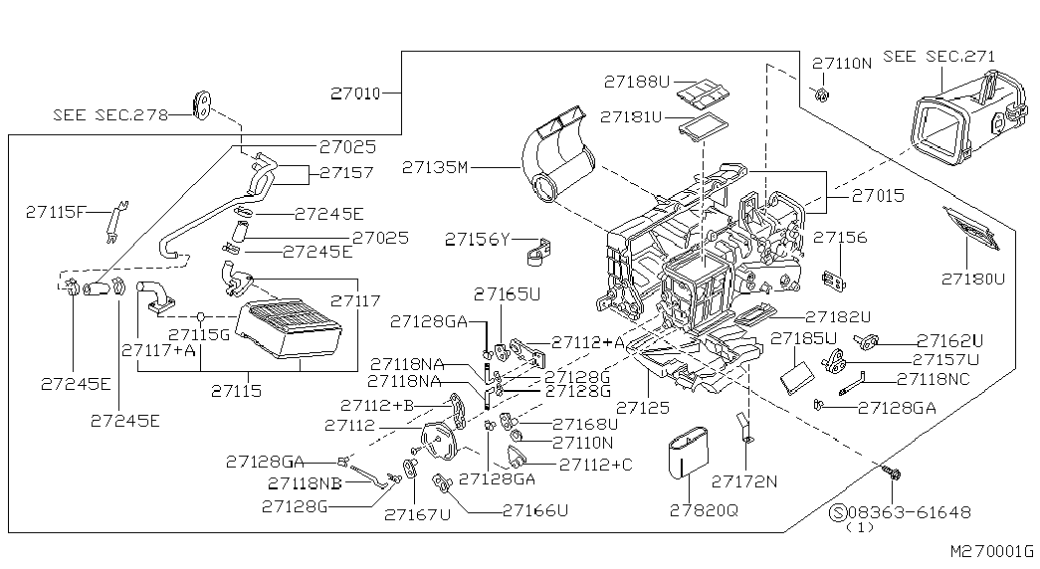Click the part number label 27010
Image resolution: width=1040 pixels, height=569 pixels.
coord(354,94)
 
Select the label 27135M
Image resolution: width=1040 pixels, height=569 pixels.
coord(435,168)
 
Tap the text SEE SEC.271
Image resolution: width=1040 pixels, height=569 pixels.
coord(938,57)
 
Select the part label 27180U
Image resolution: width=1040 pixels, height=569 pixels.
coord(975,280)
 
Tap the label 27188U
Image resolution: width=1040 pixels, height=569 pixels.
coord(637,81)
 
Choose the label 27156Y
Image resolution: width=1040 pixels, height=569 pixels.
coord(478,240)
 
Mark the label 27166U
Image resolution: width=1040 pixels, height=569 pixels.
coord(535,510)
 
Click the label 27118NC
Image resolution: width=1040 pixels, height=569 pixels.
coord(935,379)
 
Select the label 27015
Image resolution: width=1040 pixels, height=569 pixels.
coord(878,196)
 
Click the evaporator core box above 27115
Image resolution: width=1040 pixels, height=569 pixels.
coord(294,329)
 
